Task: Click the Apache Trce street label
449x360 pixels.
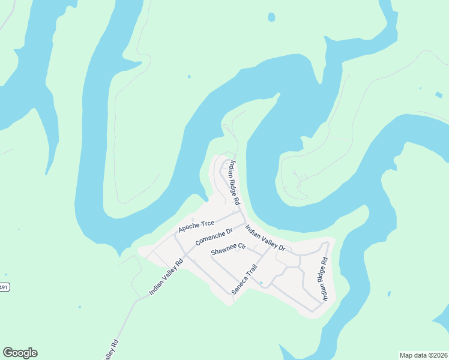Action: point(196,226)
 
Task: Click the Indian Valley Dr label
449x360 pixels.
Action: point(266,238)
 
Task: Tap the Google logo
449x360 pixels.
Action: point(20,353)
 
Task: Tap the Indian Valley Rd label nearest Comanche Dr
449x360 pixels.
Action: point(166,277)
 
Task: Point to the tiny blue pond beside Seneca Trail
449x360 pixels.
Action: point(261,283)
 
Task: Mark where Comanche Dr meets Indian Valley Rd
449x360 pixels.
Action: point(187,255)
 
